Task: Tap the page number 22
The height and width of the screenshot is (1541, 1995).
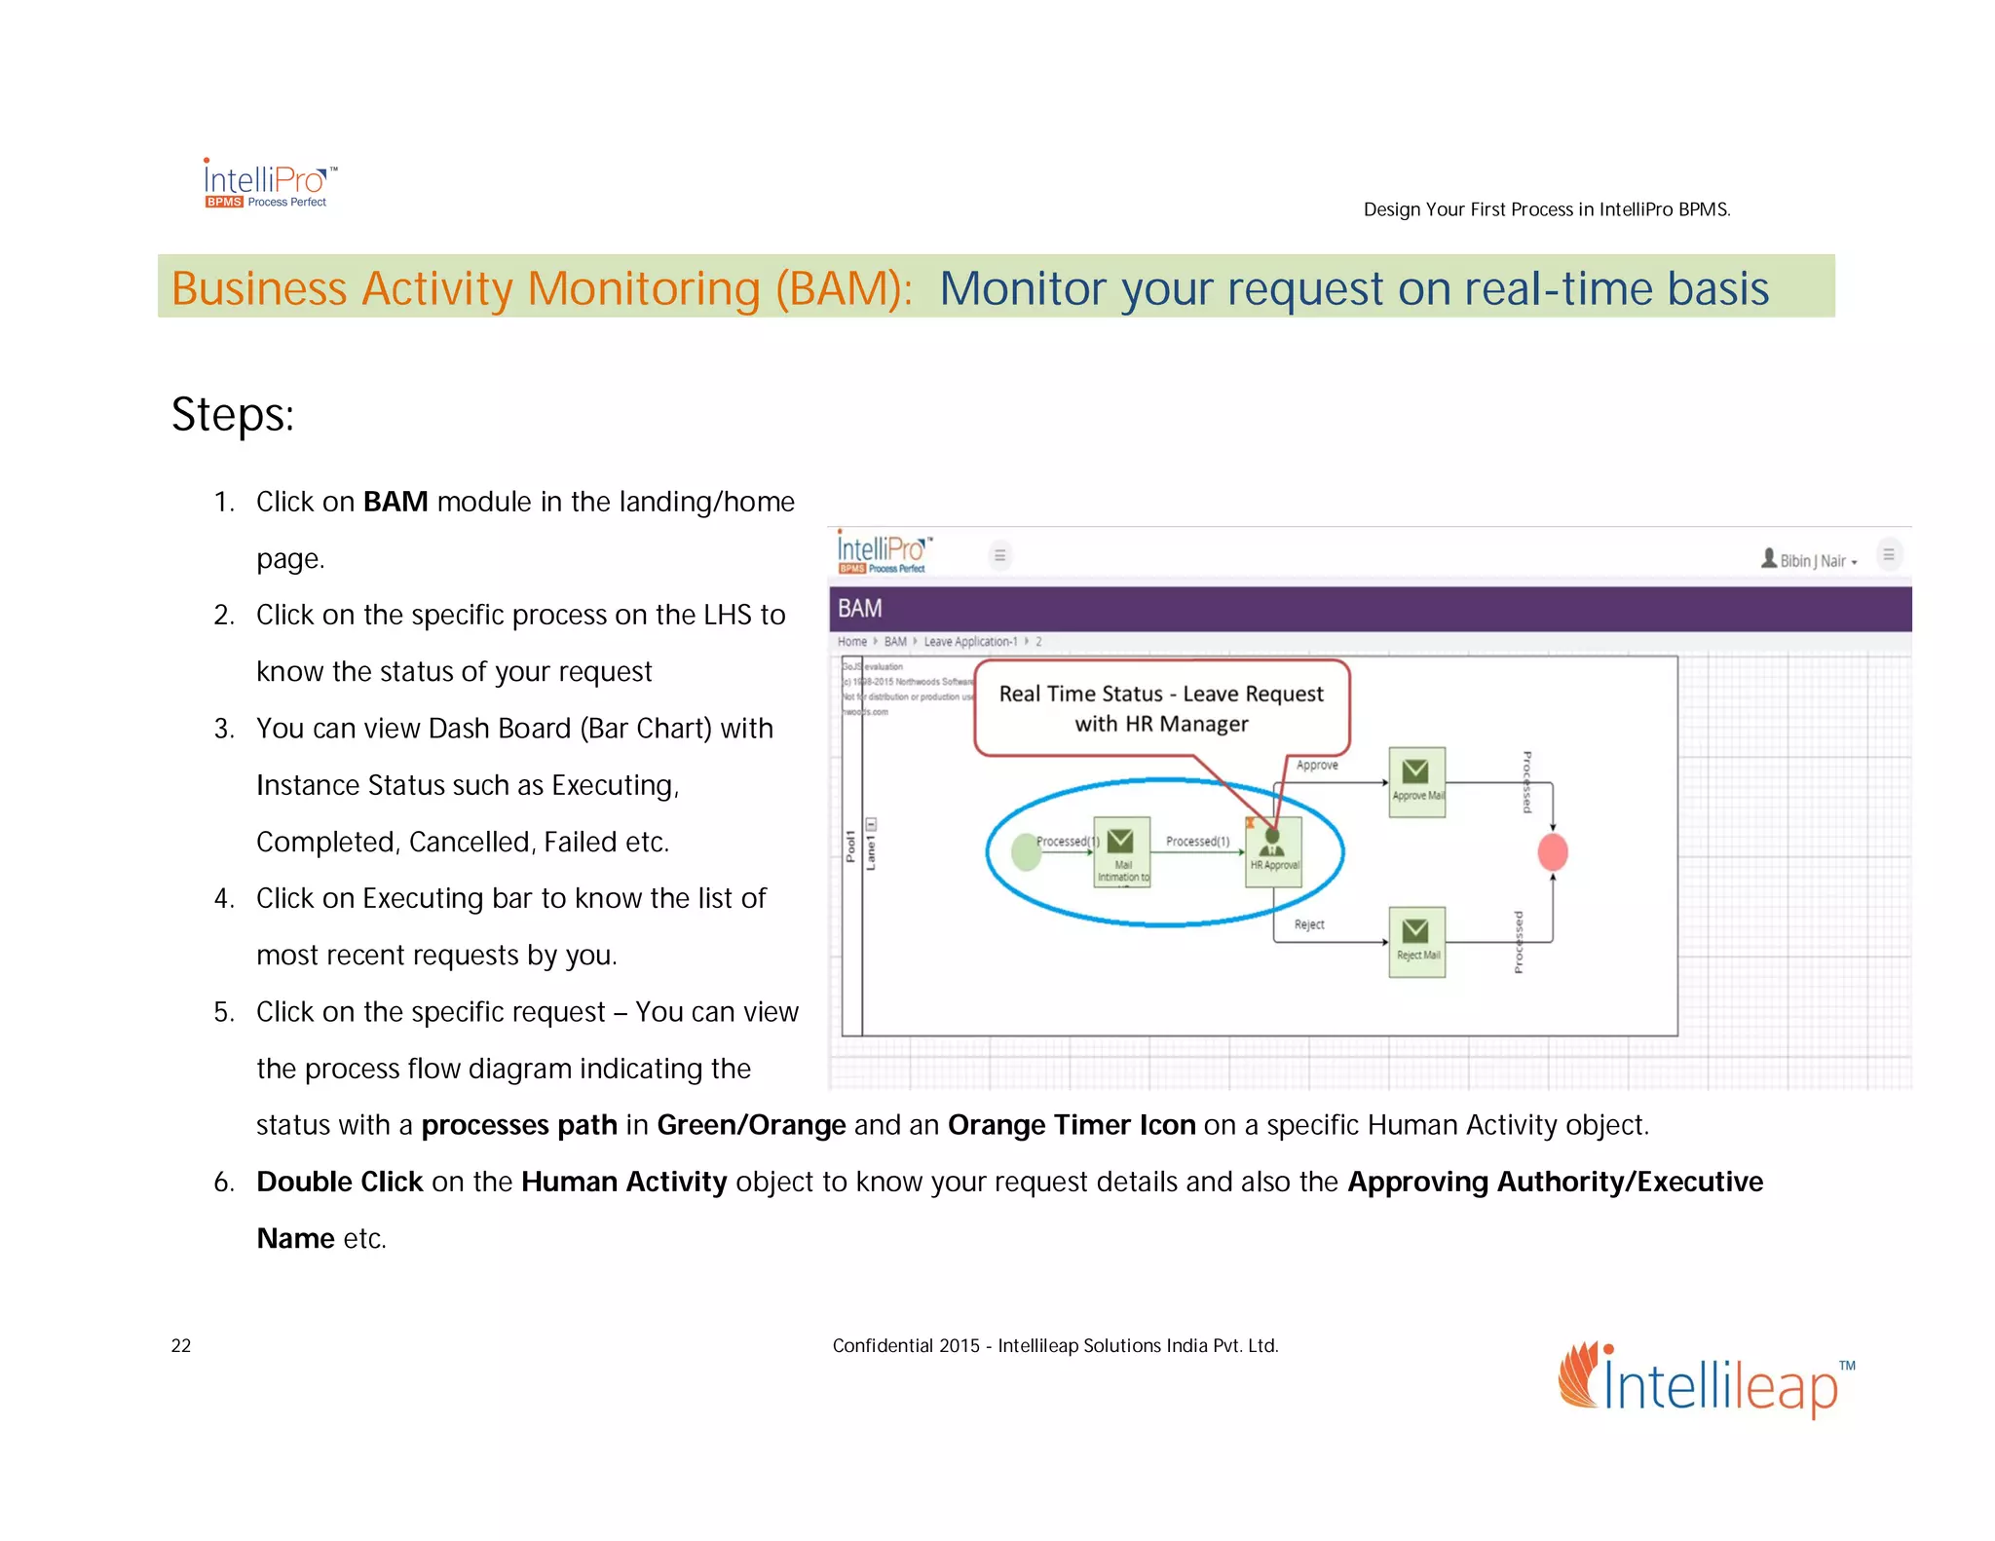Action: click(x=181, y=1345)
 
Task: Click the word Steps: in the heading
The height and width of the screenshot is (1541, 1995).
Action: click(x=233, y=414)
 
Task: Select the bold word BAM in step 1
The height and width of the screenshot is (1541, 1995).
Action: click(x=395, y=502)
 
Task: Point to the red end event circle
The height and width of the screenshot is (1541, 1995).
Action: click(x=1552, y=852)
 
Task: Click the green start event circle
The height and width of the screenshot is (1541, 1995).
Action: click(x=1026, y=852)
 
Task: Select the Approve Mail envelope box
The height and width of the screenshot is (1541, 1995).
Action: click(x=1415, y=781)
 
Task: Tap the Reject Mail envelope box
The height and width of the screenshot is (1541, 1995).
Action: click(x=1415, y=941)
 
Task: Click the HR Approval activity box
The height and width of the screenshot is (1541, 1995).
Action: click(x=1273, y=852)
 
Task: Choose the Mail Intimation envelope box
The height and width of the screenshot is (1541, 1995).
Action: click(x=1121, y=851)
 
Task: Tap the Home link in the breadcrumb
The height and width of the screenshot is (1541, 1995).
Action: click(x=851, y=642)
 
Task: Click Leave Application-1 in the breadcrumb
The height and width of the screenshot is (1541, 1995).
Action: click(x=970, y=642)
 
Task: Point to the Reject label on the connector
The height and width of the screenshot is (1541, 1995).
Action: click(x=1308, y=924)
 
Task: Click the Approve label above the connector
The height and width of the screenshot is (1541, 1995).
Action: click(x=1317, y=766)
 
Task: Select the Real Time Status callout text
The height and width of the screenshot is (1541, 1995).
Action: click(x=1161, y=708)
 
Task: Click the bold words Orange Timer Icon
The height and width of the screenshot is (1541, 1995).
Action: click(x=1072, y=1125)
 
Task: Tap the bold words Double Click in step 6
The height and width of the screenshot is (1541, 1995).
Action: click(x=339, y=1182)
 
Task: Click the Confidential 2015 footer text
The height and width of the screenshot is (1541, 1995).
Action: click(x=1054, y=1345)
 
